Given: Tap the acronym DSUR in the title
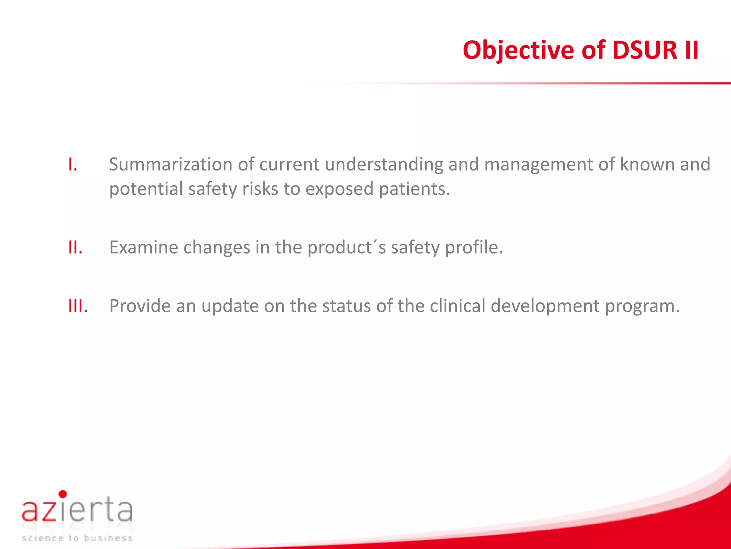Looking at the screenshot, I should [645, 50].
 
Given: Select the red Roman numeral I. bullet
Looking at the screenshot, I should [73, 165].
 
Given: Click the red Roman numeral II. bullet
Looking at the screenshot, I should [75, 247].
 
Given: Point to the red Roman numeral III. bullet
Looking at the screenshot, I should [78, 306].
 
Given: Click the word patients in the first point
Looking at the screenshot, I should [414, 189].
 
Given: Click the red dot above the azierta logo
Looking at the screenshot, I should [63, 494].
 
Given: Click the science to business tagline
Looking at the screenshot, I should [77, 538].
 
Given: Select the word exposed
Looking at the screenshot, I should [339, 189].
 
